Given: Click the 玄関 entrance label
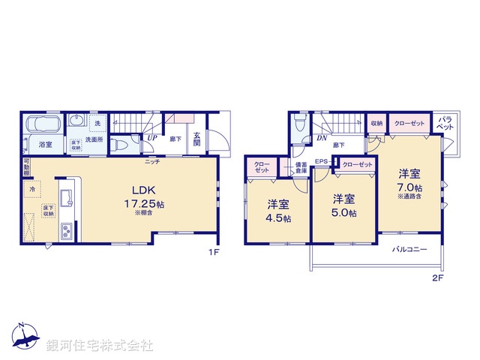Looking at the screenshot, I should (197, 140).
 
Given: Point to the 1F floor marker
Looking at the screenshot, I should (214, 253).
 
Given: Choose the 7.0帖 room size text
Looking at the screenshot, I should (410, 187).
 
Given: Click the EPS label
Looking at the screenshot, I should (321, 162).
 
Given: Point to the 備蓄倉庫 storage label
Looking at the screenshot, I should (301, 167).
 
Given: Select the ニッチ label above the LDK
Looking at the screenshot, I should (151, 161).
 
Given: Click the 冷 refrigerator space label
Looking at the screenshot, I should (32, 190).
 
